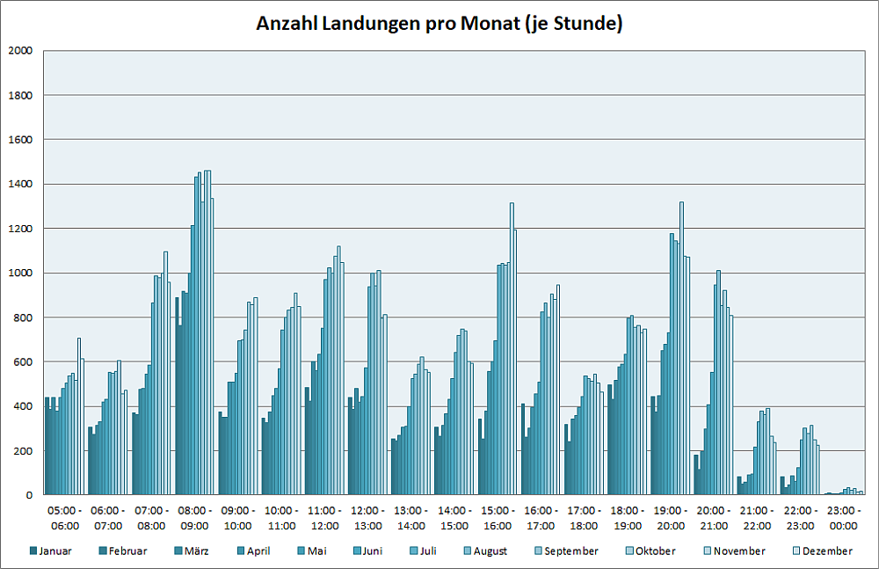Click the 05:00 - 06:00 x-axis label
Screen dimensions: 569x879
tap(65, 518)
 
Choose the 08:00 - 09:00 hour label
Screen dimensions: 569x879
tap(194, 518)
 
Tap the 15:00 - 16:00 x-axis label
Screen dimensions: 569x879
tap(497, 518)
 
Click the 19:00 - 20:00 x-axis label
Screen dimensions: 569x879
tap(670, 518)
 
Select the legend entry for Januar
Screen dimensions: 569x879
tap(51, 551)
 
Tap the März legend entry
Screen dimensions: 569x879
tap(195, 551)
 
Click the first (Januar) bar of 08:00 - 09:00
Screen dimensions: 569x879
tap(177, 396)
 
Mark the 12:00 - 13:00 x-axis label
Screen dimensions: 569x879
tap(367, 518)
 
